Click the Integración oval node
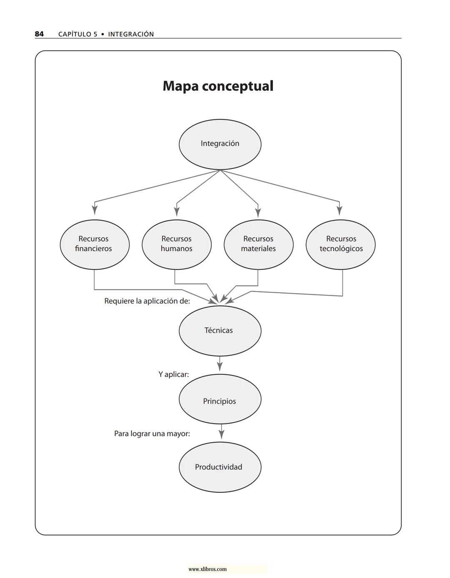[x=220, y=144]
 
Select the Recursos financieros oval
[x=95, y=244]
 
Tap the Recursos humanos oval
[x=177, y=244]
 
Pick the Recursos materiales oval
[x=258, y=244]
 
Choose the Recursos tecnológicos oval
[x=340, y=244]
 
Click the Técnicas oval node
[x=220, y=331]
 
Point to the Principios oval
[x=220, y=399]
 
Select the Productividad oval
[x=220, y=467]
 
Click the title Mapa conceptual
[x=218, y=86]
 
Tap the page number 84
[x=39, y=34]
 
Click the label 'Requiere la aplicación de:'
[x=147, y=301]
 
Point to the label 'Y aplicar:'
[x=173, y=374]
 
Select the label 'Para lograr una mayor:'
[x=152, y=434]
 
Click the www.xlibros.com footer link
[x=207, y=569]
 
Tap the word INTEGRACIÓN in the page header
[x=131, y=35]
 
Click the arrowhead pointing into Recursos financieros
[x=95, y=209]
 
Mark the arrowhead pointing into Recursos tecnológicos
[x=340, y=209]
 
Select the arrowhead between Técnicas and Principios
[x=220, y=366]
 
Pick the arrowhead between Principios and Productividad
[x=221, y=434]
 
